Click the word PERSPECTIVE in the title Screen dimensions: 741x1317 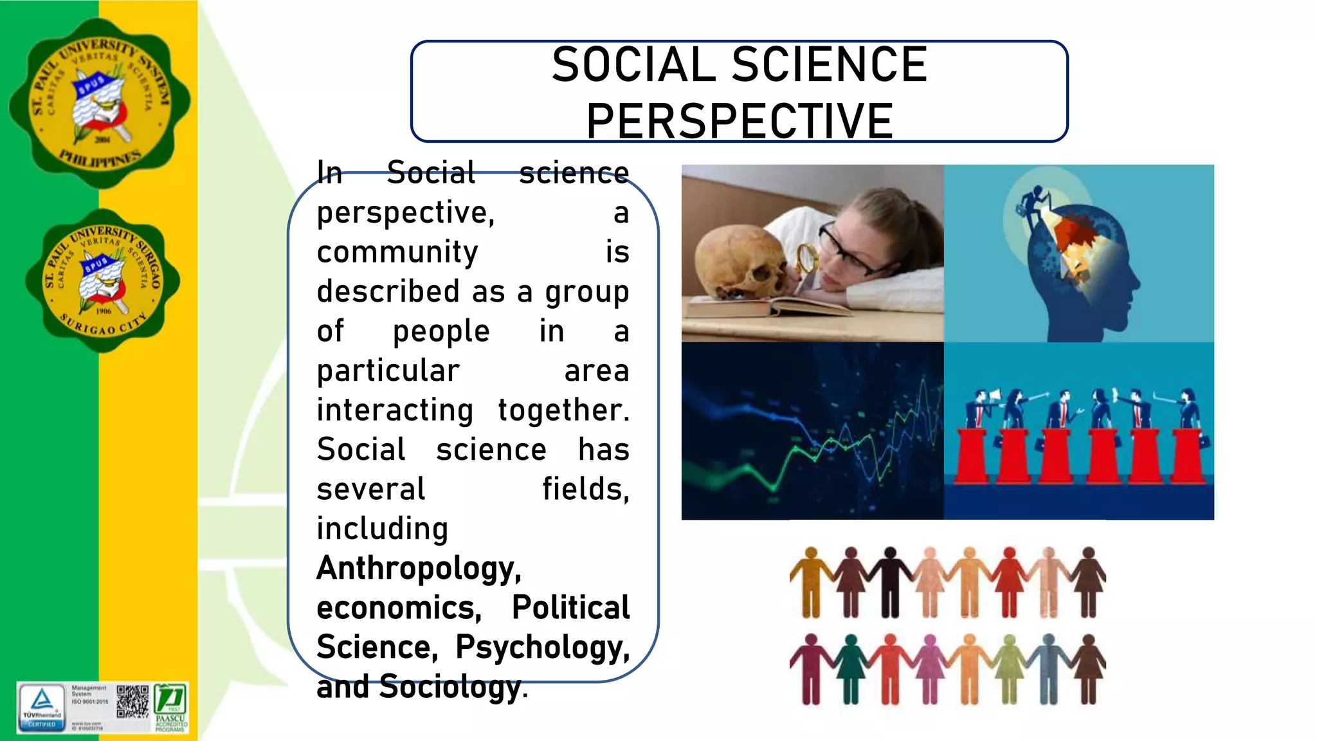click(x=740, y=121)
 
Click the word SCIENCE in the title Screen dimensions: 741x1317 click(x=830, y=65)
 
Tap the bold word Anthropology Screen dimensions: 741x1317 click(x=419, y=568)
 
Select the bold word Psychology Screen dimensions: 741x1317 click(x=542, y=647)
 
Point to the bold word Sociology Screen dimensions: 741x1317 click(x=450, y=686)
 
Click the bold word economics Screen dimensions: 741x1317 click(x=399, y=608)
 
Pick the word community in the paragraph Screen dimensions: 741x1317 click(x=397, y=252)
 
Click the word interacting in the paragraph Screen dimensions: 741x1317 click(x=395, y=410)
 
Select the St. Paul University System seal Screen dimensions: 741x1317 click(x=100, y=103)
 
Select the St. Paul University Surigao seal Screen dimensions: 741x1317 click(x=103, y=280)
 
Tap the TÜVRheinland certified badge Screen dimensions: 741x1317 click(x=42, y=706)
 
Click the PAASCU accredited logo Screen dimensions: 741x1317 click(x=171, y=706)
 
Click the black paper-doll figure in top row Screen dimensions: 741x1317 click(x=890, y=581)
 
